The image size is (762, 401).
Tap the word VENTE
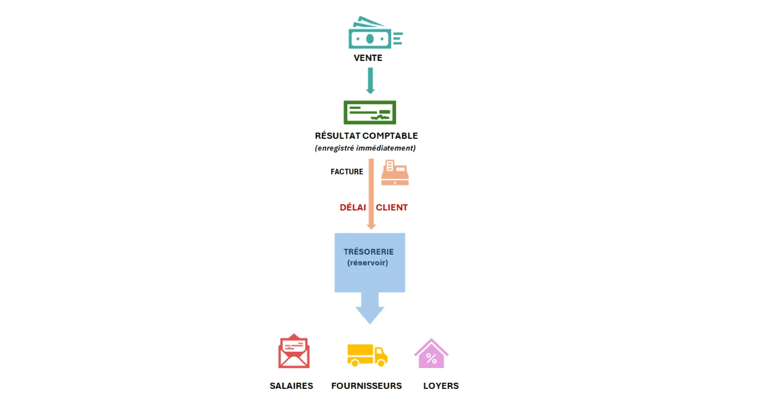[x=368, y=58]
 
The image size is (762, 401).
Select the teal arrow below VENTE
[x=370, y=81]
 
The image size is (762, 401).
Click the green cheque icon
[x=370, y=113]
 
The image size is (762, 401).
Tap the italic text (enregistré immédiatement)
[x=365, y=148]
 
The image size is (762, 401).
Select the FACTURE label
[x=347, y=172]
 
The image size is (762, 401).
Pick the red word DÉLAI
[x=353, y=207]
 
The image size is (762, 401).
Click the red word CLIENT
[x=392, y=207]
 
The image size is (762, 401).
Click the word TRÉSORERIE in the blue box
[x=368, y=252]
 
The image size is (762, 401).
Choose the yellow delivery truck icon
[x=367, y=354]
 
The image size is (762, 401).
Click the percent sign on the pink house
[x=431, y=358]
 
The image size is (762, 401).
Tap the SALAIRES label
[x=291, y=386]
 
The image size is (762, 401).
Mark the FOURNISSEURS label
[x=366, y=386]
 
